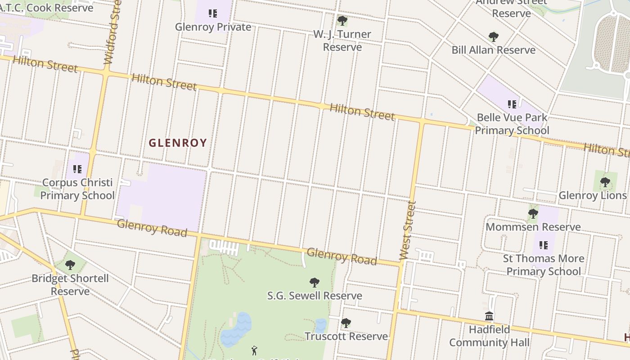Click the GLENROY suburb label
click(x=178, y=143)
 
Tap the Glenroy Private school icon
click(x=213, y=13)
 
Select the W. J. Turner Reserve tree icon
click(x=342, y=20)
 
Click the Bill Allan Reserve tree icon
click(x=493, y=36)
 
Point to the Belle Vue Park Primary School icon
click(x=512, y=104)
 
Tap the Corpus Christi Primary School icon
click(x=77, y=169)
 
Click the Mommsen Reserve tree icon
click(x=533, y=213)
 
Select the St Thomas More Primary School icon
click(x=543, y=245)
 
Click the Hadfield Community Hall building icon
click(x=489, y=316)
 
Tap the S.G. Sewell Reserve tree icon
click(x=315, y=283)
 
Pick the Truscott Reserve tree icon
click(x=346, y=323)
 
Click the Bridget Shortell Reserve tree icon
click(x=70, y=265)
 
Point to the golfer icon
click(x=254, y=351)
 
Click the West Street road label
click(x=407, y=230)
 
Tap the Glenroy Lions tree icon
click(x=605, y=182)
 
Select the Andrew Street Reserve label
click(x=511, y=8)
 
